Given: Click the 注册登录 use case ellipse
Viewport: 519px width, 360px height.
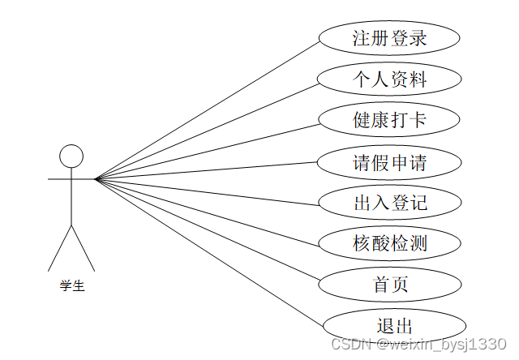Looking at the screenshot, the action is click(389, 38).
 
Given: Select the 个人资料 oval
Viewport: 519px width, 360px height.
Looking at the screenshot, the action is click(389, 79).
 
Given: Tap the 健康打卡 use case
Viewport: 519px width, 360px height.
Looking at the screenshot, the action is click(389, 121).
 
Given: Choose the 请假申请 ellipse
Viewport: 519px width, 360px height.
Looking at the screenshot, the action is click(389, 162).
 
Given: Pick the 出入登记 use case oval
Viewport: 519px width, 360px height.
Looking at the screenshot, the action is click(389, 203).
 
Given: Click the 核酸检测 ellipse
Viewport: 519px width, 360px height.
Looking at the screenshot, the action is click(389, 243).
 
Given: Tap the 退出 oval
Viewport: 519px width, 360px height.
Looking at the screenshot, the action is click(394, 326).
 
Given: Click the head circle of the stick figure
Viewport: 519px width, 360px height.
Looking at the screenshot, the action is click(72, 156).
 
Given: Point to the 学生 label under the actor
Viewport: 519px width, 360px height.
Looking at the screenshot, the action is click(72, 285).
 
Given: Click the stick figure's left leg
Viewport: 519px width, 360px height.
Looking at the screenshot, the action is click(61, 247).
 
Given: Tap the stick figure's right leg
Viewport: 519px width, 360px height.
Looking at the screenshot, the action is click(84, 247).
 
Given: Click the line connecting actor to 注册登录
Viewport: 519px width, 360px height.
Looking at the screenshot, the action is click(207, 109).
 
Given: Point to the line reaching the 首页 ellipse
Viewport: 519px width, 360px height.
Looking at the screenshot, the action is click(207, 231).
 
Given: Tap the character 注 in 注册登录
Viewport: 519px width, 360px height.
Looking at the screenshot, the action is click(362, 38).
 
